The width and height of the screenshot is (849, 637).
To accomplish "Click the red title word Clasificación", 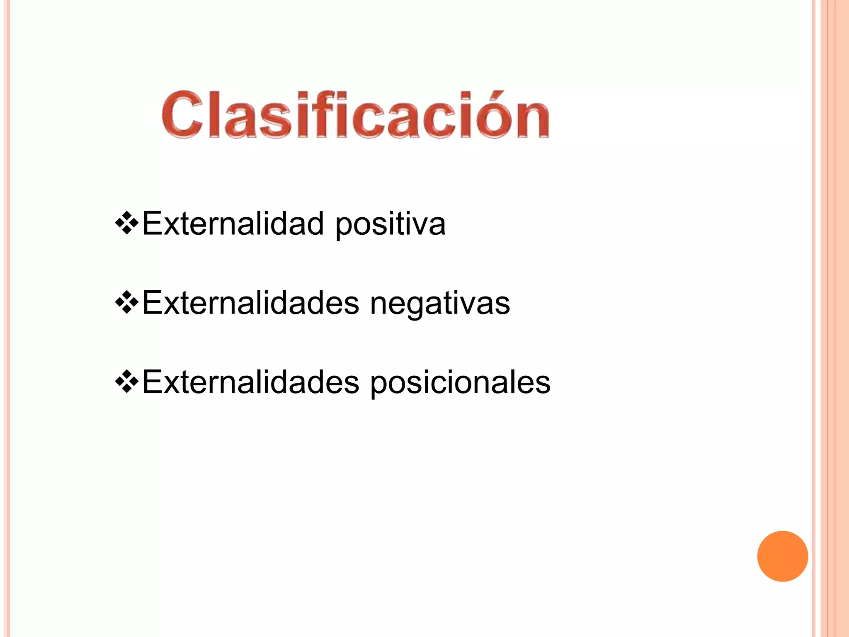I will click(x=355, y=114).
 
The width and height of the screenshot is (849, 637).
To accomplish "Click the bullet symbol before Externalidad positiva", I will click(x=126, y=224).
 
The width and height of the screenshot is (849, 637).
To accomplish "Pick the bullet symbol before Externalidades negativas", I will click(x=126, y=303).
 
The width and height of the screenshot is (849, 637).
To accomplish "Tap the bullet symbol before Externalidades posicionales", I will click(x=126, y=382).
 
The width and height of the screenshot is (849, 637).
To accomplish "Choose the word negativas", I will click(x=439, y=304).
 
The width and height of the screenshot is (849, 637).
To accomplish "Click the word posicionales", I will click(x=460, y=383).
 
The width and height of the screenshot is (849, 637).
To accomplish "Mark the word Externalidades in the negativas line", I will click(x=251, y=303).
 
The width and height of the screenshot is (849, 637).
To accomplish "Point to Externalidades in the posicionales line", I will click(x=251, y=382).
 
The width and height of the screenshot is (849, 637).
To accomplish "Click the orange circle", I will click(x=782, y=556).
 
